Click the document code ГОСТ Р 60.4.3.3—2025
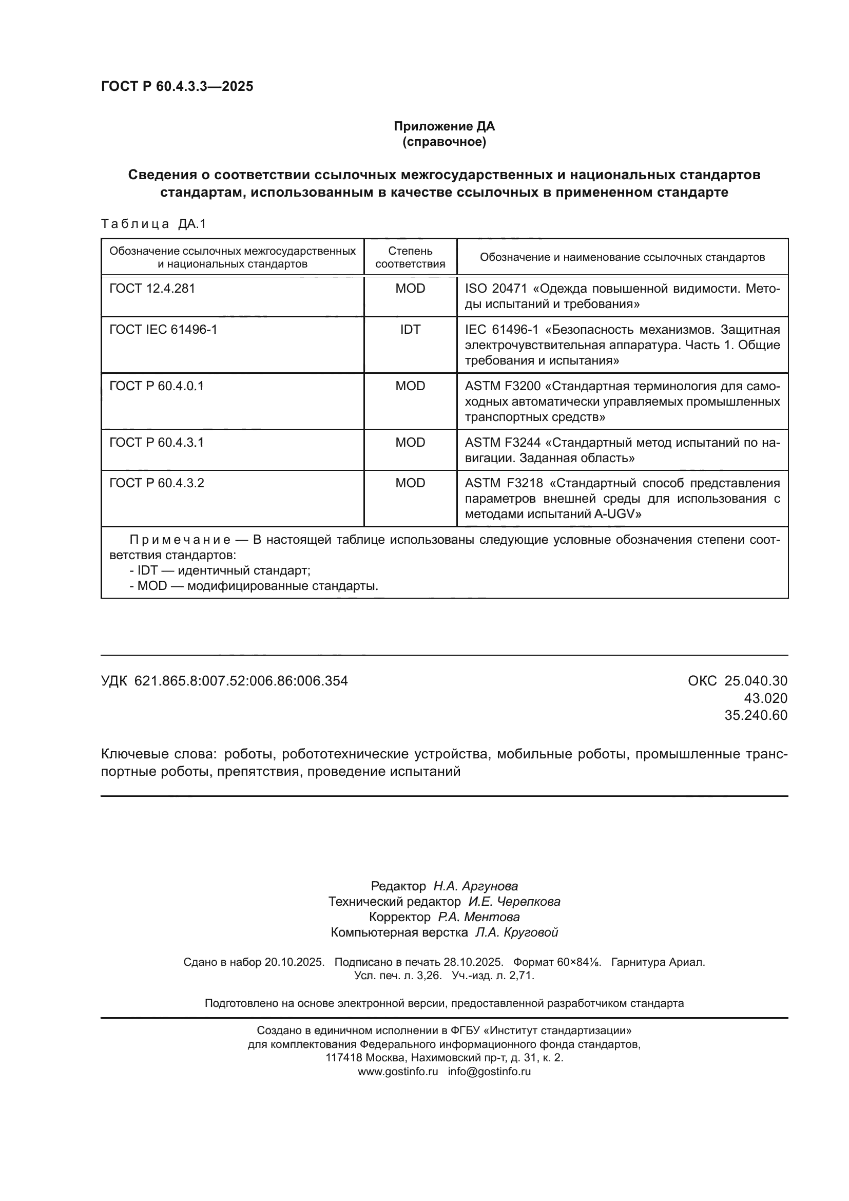pos(177,86)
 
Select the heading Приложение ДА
pos(444,126)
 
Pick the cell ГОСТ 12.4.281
pos(152,288)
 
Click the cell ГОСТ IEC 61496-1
pos(163,329)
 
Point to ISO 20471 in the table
pos(496,288)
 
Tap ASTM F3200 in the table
pos(503,386)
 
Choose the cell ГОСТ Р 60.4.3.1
pos(157,443)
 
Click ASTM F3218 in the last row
pos(504,483)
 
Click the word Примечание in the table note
pos(179,540)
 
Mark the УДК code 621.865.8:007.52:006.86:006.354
pos(241,680)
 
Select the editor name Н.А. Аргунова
pos(475,886)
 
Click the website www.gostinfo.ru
pos(398,1071)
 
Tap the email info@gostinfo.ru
pos(489,1071)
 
